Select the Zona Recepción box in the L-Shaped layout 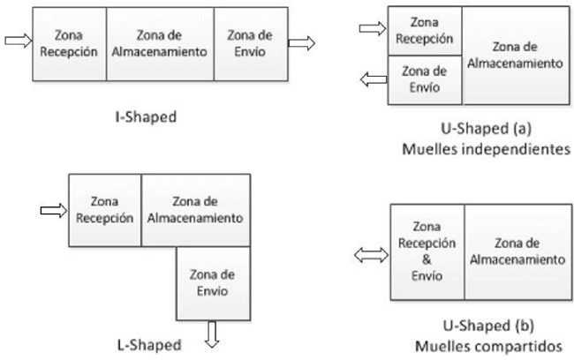[104, 212]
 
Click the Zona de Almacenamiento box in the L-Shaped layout [196, 212]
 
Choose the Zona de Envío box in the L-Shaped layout [213, 282]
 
